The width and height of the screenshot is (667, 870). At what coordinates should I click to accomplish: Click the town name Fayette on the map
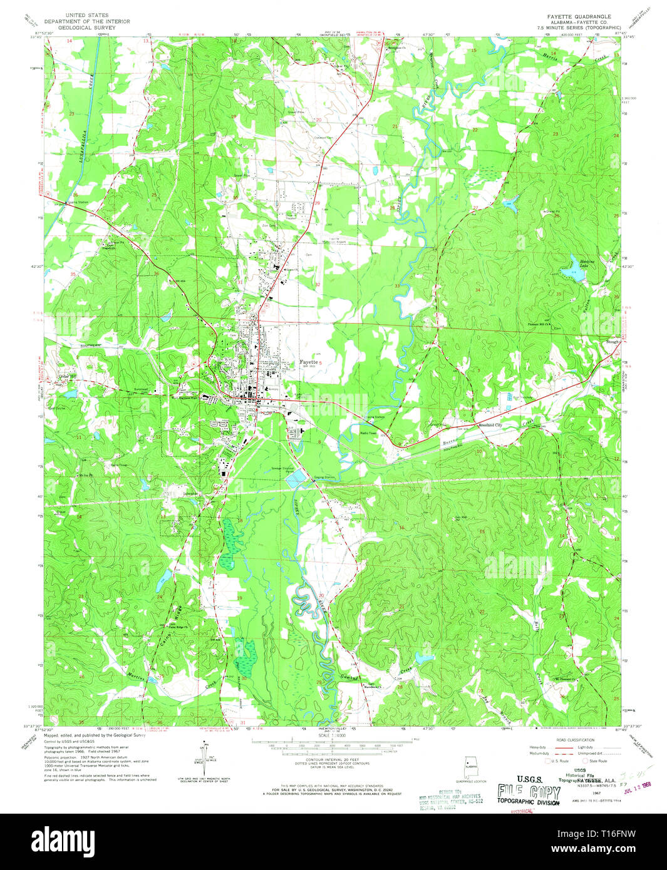pos(308,362)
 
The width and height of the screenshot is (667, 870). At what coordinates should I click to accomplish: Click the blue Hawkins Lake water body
pos(571,270)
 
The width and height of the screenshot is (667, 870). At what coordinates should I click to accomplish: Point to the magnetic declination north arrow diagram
pos(203,760)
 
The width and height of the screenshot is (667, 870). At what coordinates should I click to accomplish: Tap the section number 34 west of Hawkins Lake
pos(478,290)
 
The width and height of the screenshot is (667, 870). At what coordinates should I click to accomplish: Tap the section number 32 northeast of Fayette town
pos(318,284)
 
